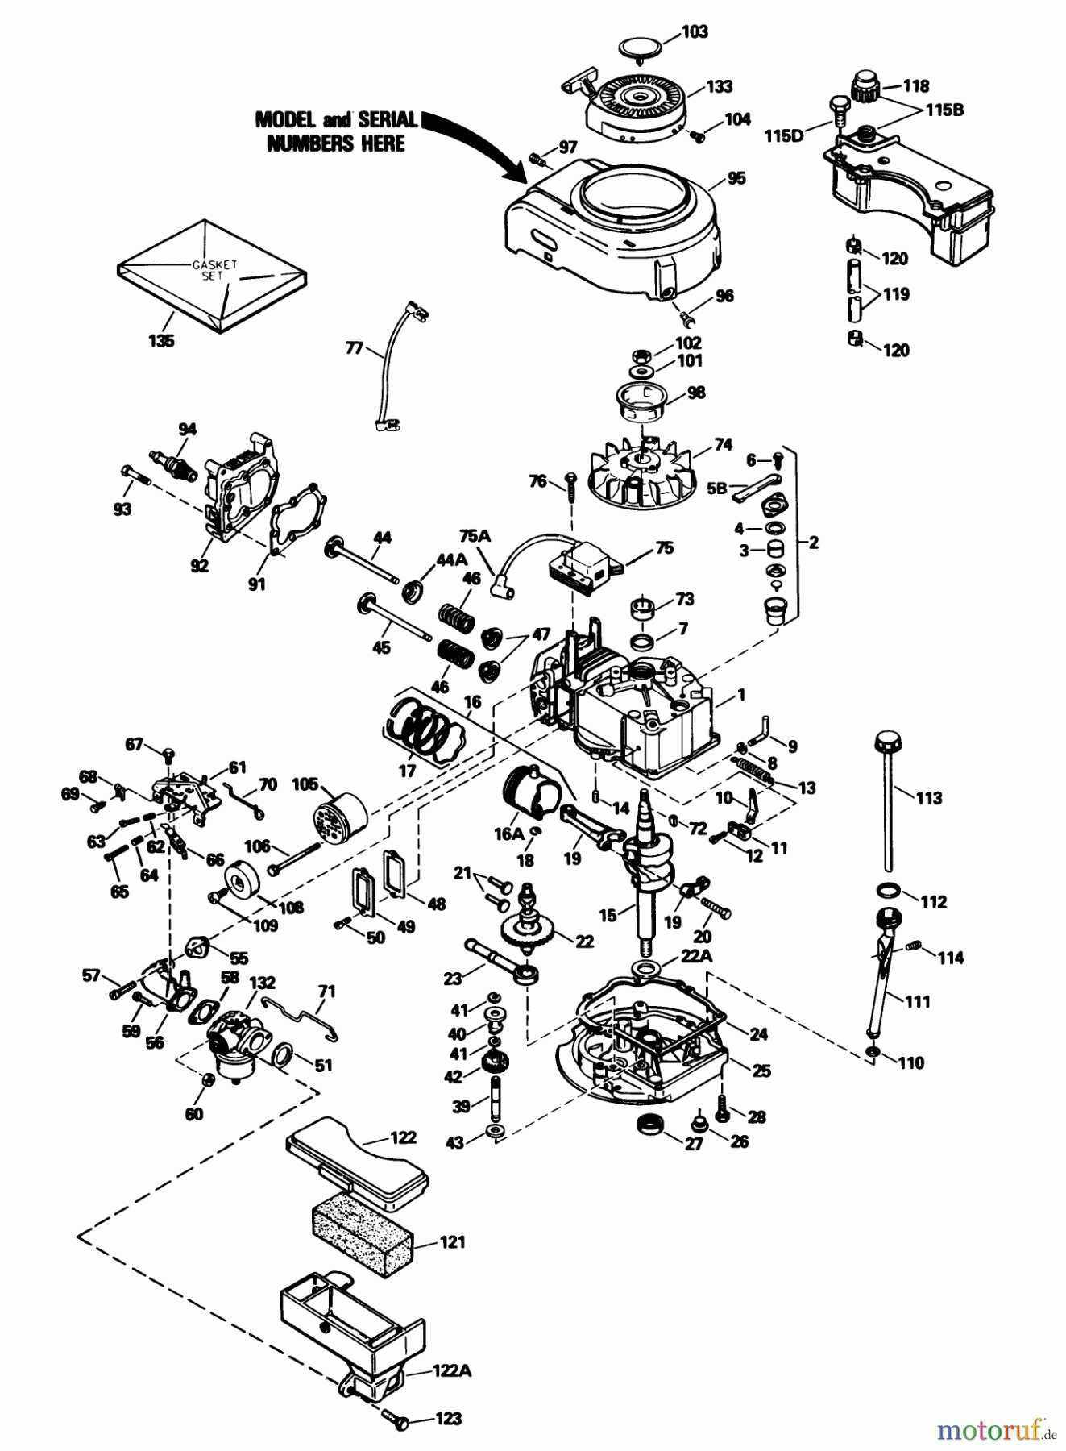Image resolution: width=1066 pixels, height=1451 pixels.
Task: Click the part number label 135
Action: (x=161, y=341)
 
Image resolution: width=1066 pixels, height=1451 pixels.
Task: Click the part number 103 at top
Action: (x=694, y=31)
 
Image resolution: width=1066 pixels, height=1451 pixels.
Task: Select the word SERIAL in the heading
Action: (x=388, y=120)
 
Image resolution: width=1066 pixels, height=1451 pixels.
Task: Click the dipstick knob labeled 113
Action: (x=887, y=739)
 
